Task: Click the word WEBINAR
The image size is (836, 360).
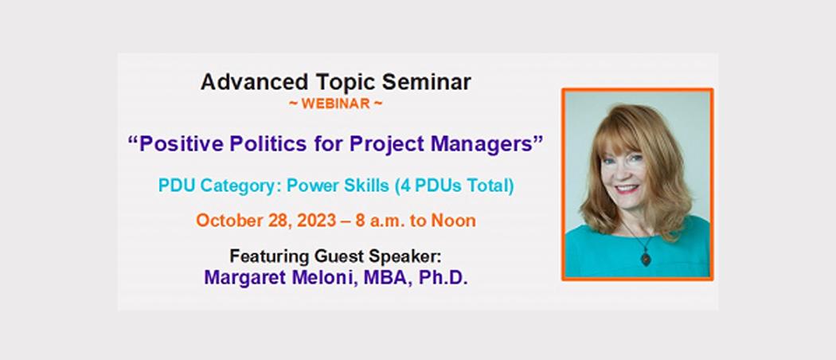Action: pyautogui.click(x=336, y=104)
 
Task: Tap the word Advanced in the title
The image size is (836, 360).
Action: pyautogui.click(x=254, y=82)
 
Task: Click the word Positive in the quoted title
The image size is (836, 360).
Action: pyautogui.click(x=176, y=144)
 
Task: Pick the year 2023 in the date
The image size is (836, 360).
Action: pyautogui.click(x=316, y=221)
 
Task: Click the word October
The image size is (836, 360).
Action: pyautogui.click(x=229, y=221)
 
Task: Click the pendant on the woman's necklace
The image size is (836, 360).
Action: pyautogui.click(x=646, y=259)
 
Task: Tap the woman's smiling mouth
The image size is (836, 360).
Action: pyautogui.click(x=627, y=190)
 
